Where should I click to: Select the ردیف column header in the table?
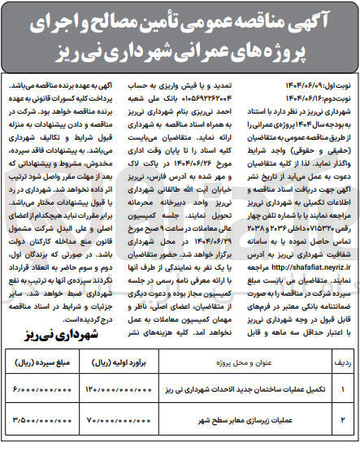pyautogui.click(x=344, y=379)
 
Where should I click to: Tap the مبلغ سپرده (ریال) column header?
pyautogui.click(x=46, y=379)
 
